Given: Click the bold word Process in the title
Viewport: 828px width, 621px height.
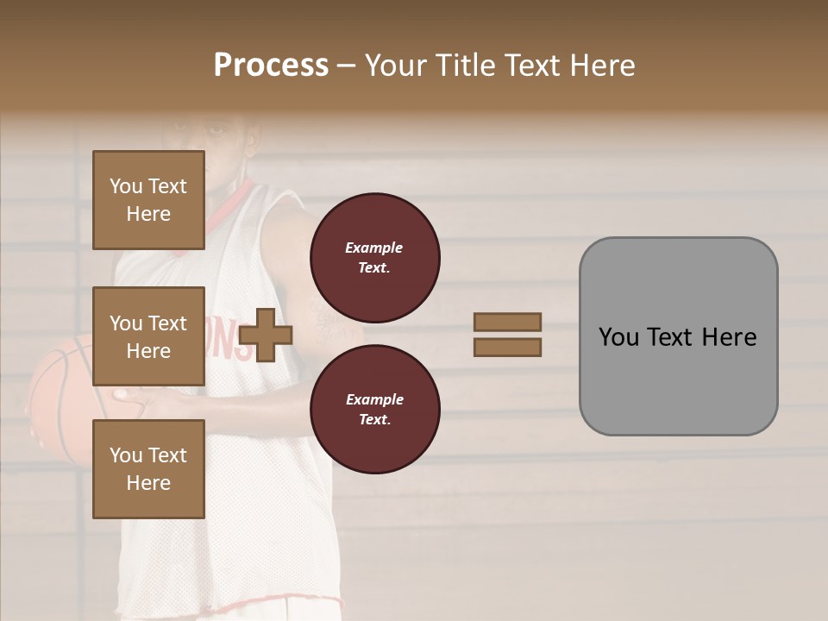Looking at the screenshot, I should point(271,66).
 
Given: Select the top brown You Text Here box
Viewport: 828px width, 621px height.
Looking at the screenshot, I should point(148,200).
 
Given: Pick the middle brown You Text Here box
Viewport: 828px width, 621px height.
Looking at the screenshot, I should point(148,336).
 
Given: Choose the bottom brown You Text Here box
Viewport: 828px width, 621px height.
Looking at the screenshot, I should point(148,469).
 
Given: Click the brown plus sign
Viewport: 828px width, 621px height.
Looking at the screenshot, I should point(266,335).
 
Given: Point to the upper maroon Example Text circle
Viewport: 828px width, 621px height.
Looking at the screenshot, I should point(374,257).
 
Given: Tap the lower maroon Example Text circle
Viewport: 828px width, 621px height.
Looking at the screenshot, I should point(374,409).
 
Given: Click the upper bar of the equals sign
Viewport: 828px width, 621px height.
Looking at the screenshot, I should point(507,322).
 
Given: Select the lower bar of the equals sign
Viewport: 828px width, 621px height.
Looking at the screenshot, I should point(507,348).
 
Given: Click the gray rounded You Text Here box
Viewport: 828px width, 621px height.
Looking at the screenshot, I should point(678,336).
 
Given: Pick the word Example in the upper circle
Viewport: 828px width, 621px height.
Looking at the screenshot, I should point(373,248).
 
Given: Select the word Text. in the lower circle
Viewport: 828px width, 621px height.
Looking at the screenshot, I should point(373,419).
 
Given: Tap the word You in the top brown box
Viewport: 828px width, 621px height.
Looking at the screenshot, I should point(125,186).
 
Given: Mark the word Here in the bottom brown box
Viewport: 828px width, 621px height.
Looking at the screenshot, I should point(148,483).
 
